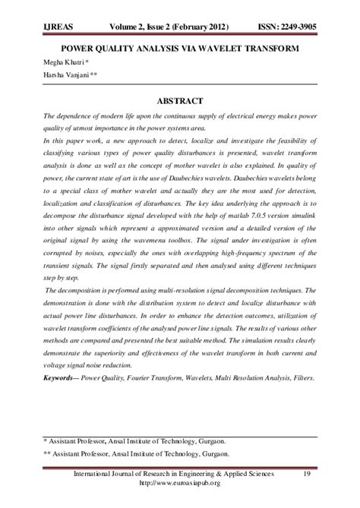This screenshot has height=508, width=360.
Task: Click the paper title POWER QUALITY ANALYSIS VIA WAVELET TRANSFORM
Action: (180, 49)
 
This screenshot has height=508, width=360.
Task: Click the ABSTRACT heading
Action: (180, 100)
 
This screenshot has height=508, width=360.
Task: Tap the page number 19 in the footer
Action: (306, 475)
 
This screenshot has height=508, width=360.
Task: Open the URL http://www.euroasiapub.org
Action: (181, 484)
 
